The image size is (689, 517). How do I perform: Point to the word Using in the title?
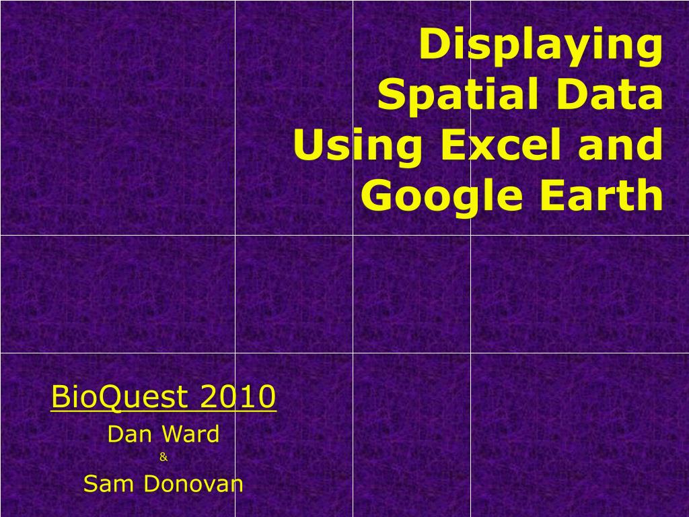pyautogui.click(x=337, y=146)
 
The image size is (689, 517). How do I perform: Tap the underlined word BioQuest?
pyautogui.click(x=118, y=398)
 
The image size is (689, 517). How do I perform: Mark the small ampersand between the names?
pyautogui.click(x=164, y=458)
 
